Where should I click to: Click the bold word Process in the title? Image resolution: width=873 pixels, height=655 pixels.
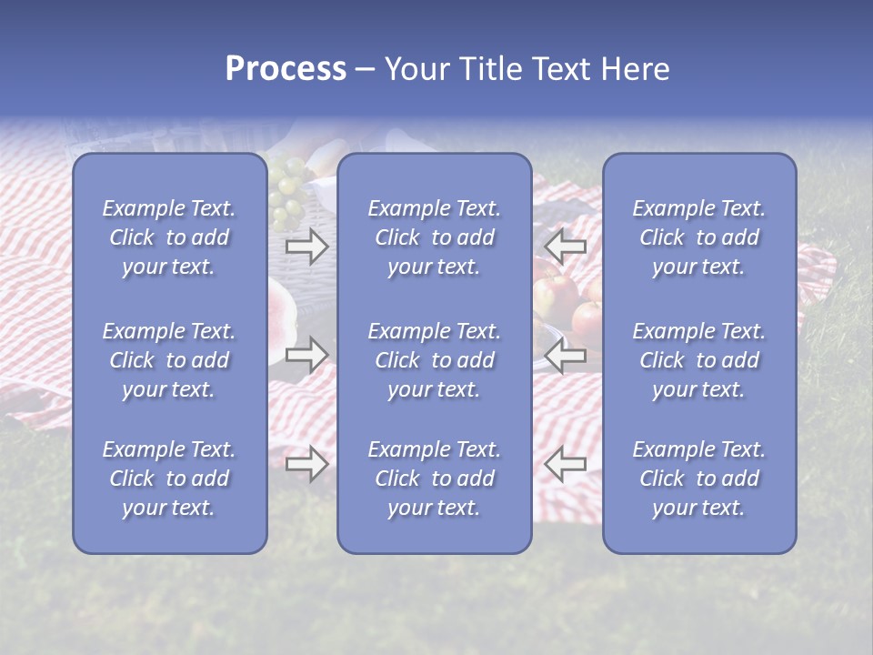286,69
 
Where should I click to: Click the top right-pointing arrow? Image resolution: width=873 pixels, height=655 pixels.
307,247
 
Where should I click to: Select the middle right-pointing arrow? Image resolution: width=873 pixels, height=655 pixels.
307,355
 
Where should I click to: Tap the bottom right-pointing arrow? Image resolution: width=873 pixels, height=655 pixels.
307,465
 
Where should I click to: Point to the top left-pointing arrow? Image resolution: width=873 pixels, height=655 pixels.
565,247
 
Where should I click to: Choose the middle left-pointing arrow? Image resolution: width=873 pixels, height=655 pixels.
565,355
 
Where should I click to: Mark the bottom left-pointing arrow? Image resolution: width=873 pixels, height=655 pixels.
565,465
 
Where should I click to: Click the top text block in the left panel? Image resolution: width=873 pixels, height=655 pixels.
169,237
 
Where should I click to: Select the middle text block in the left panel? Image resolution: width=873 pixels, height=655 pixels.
169,360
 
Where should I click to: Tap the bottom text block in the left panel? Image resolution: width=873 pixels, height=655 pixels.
169,479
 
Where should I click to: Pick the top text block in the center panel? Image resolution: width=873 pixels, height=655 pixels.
434,237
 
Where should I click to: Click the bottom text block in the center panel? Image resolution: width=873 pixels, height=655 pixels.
434,479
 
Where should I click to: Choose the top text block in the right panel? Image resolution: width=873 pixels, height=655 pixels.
698,237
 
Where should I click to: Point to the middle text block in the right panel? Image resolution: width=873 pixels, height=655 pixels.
698,360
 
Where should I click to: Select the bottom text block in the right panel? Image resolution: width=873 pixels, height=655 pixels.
698,479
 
